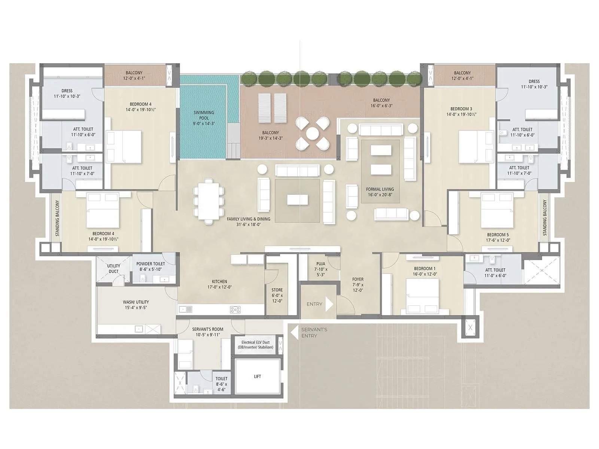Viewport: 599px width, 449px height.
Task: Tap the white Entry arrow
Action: coord(329,304)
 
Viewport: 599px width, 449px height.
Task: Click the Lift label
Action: coord(257,376)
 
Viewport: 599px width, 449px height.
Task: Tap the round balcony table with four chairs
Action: coord(312,133)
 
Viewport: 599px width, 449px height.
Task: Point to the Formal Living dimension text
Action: coord(380,195)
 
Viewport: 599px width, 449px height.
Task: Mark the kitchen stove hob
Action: coord(235,309)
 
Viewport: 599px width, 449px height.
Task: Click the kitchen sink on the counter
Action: coord(185,309)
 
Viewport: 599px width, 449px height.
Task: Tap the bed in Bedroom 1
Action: coord(423,296)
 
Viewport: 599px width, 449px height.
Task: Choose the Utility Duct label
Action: coord(113,269)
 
